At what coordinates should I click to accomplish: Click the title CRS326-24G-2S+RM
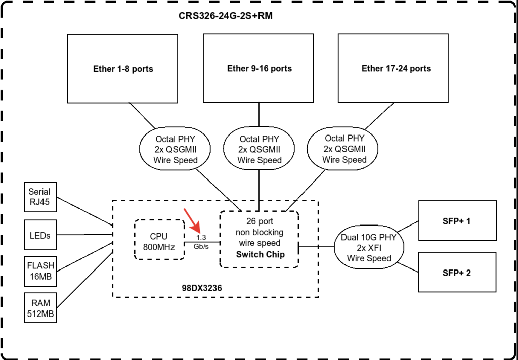[x=226, y=16]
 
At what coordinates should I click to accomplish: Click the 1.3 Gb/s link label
[x=201, y=242]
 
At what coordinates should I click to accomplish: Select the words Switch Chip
[x=261, y=255]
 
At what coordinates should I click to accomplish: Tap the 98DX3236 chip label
[x=202, y=288]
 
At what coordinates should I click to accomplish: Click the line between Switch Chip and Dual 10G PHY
[x=317, y=246]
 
